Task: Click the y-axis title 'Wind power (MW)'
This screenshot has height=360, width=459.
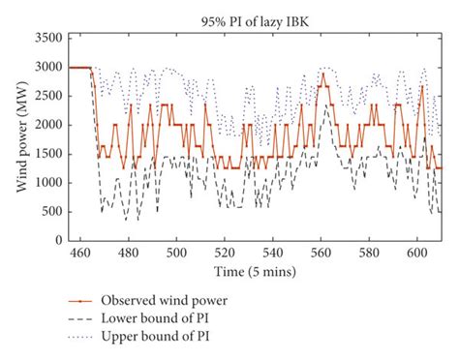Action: click(x=20, y=135)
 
